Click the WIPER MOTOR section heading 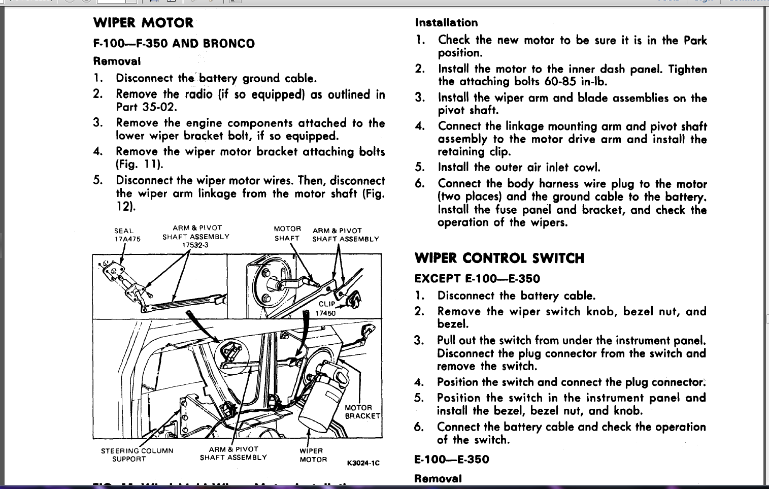[144, 23]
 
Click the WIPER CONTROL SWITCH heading [499, 258]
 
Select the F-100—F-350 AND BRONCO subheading [174, 44]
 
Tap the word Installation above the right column [446, 23]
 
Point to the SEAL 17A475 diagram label [127, 235]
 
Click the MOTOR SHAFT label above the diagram [287, 234]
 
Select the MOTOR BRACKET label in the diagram [362, 412]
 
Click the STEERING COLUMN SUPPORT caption [137, 454]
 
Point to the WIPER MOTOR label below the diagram [313, 455]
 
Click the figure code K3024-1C [363, 463]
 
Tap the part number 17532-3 [195, 245]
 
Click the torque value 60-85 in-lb [576, 82]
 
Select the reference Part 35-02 [146, 107]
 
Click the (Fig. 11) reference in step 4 [139, 164]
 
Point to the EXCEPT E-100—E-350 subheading [477, 278]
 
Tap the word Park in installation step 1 [695, 40]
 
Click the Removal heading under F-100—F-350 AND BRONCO [117, 61]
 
